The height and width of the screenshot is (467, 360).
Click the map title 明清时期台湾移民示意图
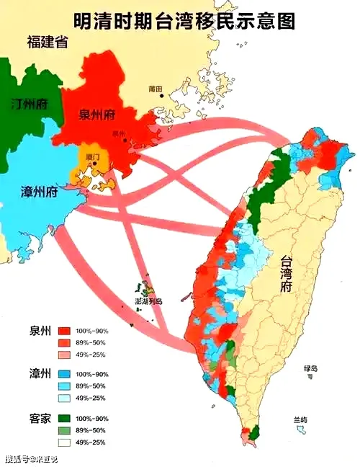(184, 20)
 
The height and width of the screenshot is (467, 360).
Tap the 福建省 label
(47, 42)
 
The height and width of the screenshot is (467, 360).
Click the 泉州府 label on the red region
(98, 115)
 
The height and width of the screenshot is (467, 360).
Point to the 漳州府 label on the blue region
(39, 192)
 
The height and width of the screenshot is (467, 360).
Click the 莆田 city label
(155, 89)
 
